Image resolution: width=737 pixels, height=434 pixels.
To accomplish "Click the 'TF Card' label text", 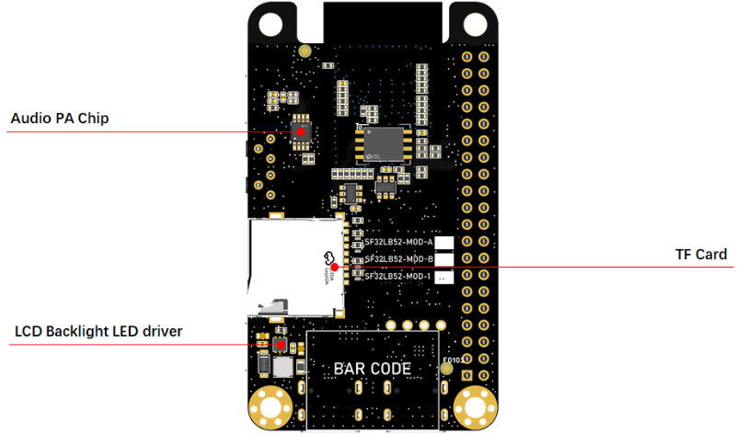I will [703, 254].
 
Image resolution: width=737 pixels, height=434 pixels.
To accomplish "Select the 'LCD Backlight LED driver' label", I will [98, 331].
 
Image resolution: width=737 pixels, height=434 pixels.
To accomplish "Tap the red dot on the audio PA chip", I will [300, 132].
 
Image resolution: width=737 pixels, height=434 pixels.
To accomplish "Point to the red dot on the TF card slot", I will [335, 267].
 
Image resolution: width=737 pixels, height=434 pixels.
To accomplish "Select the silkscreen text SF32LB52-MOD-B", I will [397, 259].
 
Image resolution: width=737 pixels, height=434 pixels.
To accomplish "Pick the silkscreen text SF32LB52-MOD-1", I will [397, 276].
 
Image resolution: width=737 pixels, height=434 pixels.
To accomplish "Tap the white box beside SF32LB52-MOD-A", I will [445, 243].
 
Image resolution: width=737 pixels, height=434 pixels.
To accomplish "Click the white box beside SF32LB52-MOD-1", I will [445, 276].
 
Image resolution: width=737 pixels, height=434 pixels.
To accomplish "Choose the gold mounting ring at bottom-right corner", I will [476, 403].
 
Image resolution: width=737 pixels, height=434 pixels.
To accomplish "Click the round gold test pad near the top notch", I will [305, 51].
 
